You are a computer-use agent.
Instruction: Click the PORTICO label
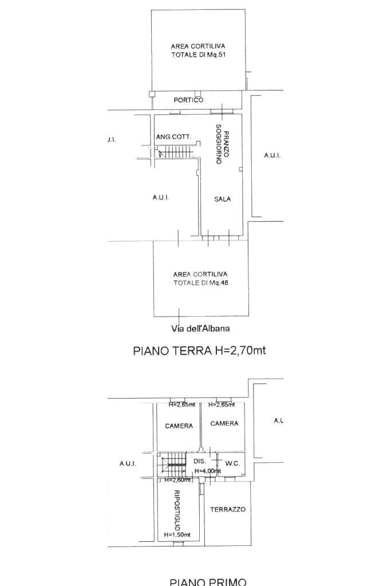(x=188, y=100)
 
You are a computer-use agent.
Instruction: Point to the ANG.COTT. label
(x=173, y=137)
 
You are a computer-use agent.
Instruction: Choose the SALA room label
(x=223, y=199)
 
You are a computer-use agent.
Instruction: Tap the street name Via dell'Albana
(x=200, y=328)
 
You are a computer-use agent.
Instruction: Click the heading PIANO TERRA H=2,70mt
(x=199, y=351)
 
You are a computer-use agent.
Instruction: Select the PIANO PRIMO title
(x=208, y=581)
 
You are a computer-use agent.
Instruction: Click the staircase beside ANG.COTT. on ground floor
(x=175, y=152)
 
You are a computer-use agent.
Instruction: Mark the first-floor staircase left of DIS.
(x=173, y=465)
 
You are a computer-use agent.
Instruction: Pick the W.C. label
(x=232, y=463)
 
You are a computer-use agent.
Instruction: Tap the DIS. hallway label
(x=200, y=461)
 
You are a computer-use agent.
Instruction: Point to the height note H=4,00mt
(x=207, y=471)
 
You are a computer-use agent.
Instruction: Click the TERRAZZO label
(x=228, y=509)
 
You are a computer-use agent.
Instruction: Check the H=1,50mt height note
(x=177, y=534)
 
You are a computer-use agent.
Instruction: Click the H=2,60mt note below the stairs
(x=177, y=480)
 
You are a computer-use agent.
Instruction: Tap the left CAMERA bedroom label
(x=179, y=426)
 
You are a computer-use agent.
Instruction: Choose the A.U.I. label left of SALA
(x=160, y=198)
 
